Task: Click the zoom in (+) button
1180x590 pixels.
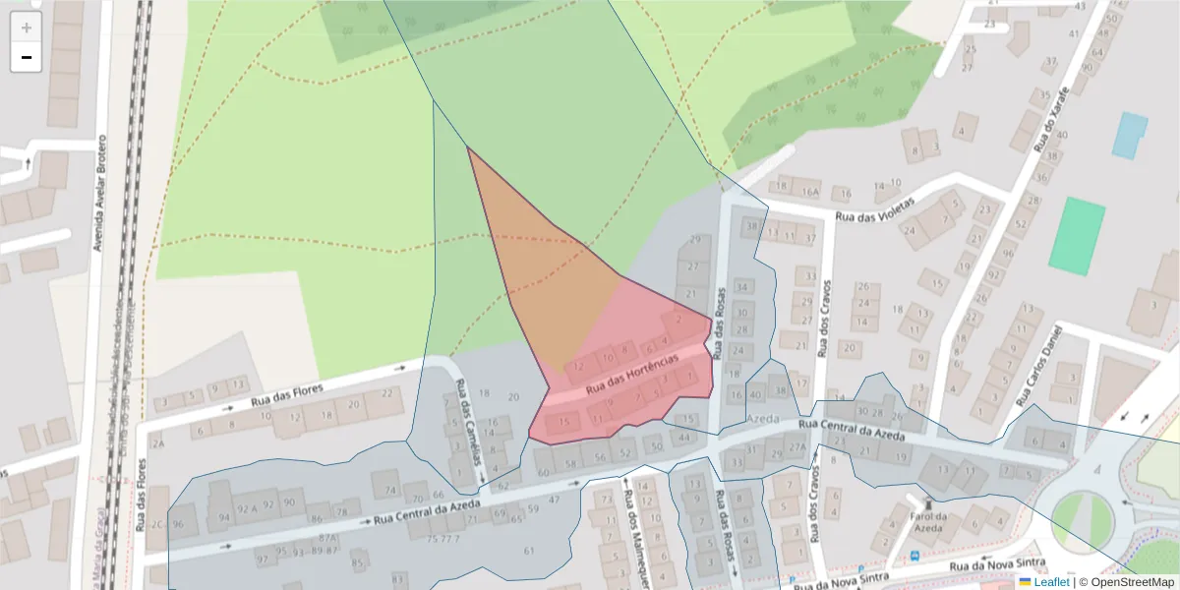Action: pyautogui.click(x=27, y=28)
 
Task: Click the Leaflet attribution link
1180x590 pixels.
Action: pyautogui.click(x=1050, y=582)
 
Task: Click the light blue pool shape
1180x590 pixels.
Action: pyautogui.click(x=1129, y=136)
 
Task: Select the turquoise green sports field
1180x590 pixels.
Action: pyautogui.click(x=1077, y=235)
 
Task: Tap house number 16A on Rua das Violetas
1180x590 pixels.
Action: pyautogui.click(x=810, y=191)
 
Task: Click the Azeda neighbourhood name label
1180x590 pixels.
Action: pyautogui.click(x=762, y=418)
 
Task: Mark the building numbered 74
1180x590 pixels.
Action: pyautogui.click(x=390, y=489)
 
